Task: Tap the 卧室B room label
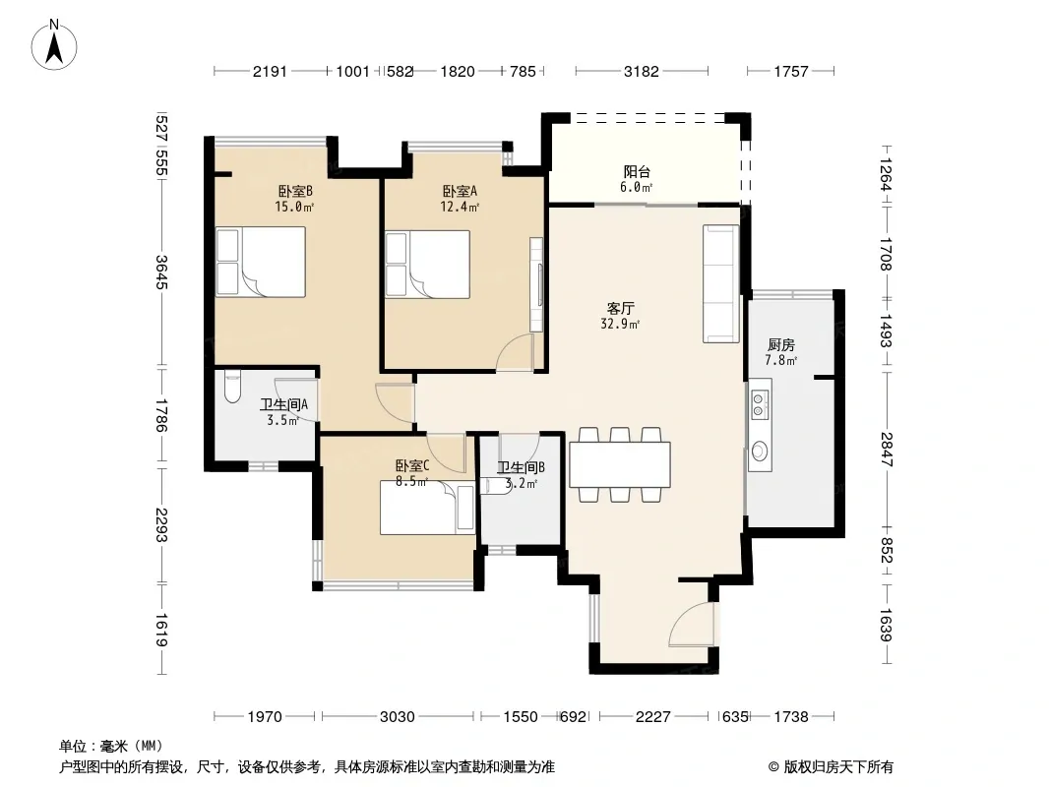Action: coord(295,191)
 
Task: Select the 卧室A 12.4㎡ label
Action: coord(460,199)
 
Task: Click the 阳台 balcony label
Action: coord(637,172)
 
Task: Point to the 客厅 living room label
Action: coord(620,308)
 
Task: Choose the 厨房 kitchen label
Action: coord(780,345)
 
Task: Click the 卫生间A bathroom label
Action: coord(283,404)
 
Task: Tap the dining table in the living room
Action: coord(620,464)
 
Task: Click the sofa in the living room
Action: coord(720,283)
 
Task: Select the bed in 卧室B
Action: coord(260,262)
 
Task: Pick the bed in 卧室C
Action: coord(427,508)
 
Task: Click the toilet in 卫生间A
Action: coord(232,387)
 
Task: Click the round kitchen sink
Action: coord(760,452)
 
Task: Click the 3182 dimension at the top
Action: coord(642,71)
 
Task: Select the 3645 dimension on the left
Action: coord(161,272)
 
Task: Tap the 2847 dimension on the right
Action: coord(887,450)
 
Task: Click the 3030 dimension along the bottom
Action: coord(398,717)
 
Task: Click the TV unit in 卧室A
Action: coord(536,284)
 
